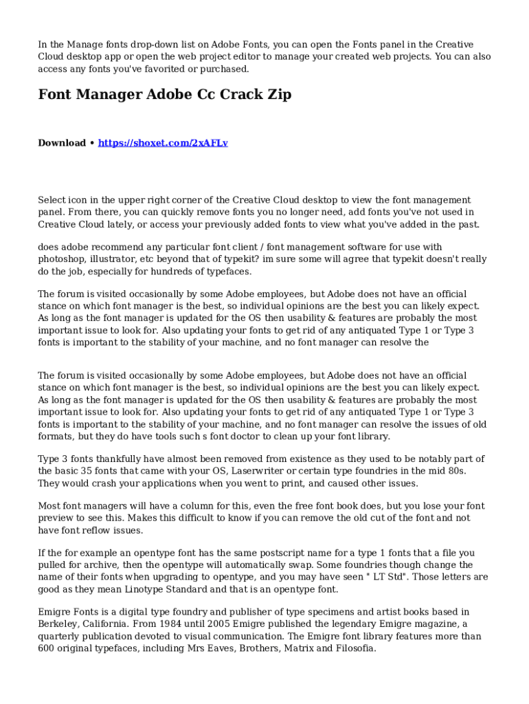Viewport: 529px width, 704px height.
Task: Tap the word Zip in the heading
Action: pyautogui.click(x=279, y=94)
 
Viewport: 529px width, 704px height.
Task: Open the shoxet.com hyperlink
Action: pyautogui.click(x=163, y=143)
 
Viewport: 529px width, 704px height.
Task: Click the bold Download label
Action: pyautogui.click(x=62, y=143)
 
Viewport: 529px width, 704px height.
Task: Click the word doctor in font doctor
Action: pyautogui.click(x=264, y=437)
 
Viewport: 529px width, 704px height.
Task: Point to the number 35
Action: pyautogui.click(x=86, y=472)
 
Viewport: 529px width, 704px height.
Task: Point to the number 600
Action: pyautogui.click(x=47, y=648)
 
